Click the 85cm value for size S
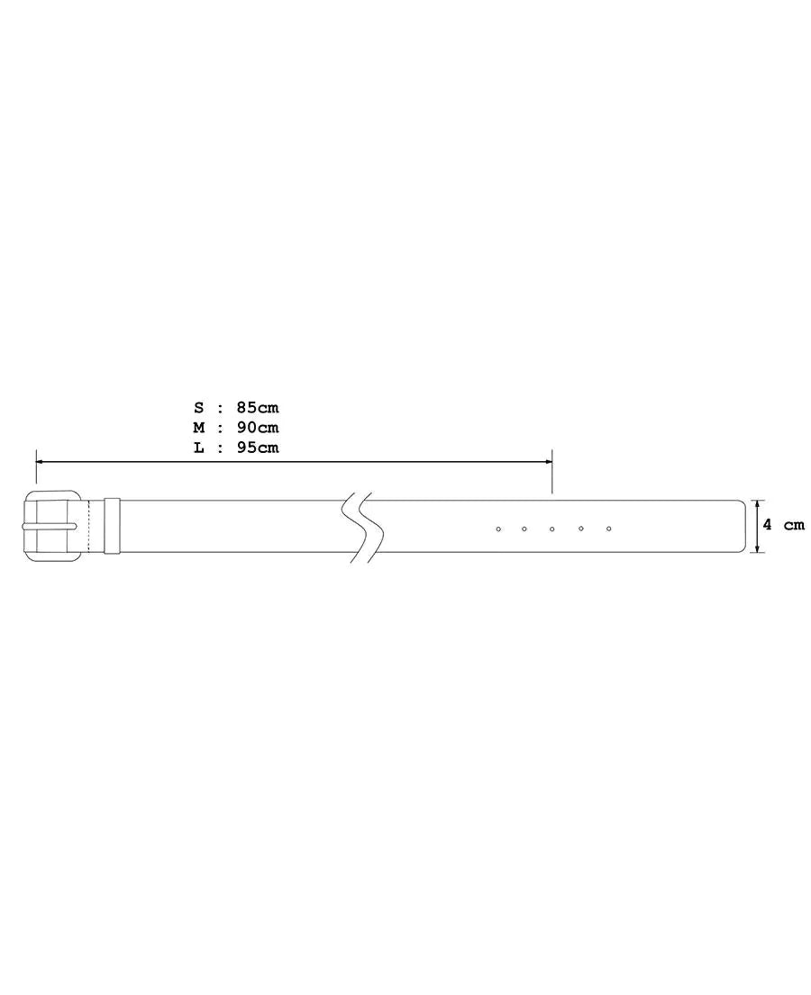pos(258,407)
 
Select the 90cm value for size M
pos(258,427)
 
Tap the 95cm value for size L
pos(258,448)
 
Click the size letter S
pos(199,407)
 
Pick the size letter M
pos(199,427)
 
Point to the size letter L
pos(199,448)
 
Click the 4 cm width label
pos(784,525)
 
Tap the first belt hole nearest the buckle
pos(498,529)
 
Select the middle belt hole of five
pos(552,529)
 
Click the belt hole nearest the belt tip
pos(608,529)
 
